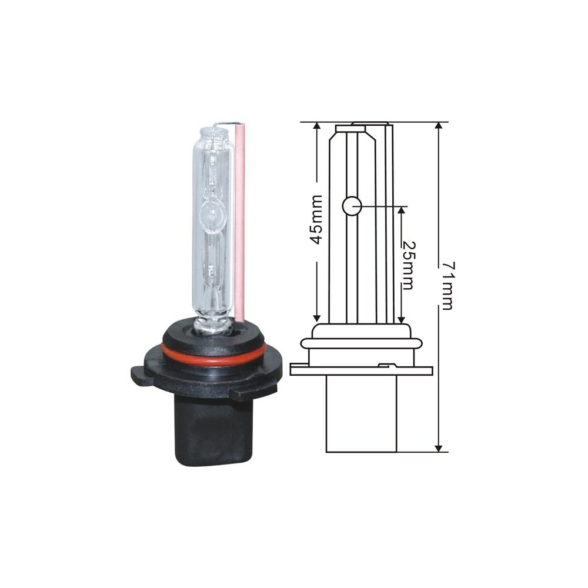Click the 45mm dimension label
click(316, 219)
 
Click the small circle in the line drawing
click(351, 206)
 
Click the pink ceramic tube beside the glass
click(239, 223)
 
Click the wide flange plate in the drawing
click(361, 370)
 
